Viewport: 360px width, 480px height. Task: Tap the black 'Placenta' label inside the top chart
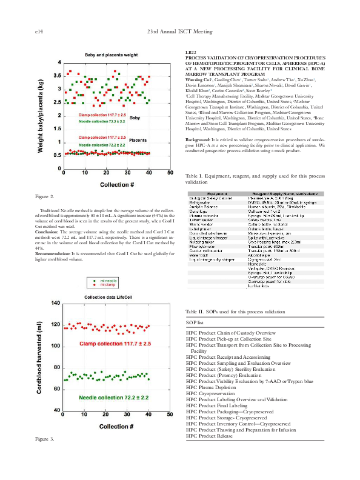(x=139, y=141)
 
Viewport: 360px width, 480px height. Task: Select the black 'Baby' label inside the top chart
(x=135, y=118)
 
